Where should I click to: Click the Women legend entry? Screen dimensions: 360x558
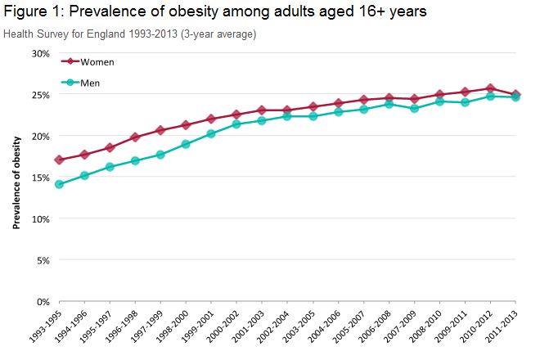tap(97, 62)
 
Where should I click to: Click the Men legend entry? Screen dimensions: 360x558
tap(90, 83)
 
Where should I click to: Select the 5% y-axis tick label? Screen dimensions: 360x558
tap(43, 260)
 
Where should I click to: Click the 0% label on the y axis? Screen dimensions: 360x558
tap(43, 302)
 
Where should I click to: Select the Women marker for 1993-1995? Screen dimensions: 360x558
tap(59, 160)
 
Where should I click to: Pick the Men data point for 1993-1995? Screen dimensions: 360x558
tap(59, 184)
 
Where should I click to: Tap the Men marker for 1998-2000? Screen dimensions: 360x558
tap(186, 144)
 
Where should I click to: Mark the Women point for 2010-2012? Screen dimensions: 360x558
tap(490, 88)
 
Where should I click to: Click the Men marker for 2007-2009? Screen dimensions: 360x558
tap(414, 108)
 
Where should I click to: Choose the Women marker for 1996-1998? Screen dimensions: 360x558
tap(135, 137)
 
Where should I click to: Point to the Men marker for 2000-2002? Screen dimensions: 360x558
tap(236, 124)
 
